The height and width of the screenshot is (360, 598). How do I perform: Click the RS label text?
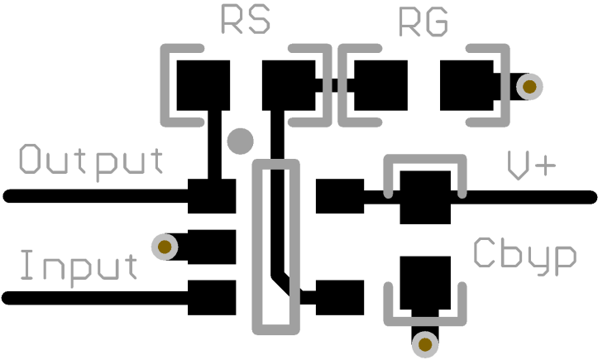click(246, 21)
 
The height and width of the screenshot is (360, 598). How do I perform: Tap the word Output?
click(92, 161)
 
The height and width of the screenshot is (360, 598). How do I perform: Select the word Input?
click(79, 266)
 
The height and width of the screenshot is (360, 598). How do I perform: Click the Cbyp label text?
click(525, 255)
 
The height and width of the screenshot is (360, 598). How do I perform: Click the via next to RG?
click(529, 85)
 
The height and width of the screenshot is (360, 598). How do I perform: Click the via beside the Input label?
click(165, 246)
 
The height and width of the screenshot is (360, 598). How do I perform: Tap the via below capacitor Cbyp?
click(425, 343)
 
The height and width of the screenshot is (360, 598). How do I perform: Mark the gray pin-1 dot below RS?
click(241, 142)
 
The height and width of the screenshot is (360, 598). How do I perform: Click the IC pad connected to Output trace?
click(213, 196)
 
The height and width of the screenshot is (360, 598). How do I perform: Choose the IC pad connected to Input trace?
click(213, 297)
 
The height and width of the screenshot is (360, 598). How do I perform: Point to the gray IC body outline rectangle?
click(256, 248)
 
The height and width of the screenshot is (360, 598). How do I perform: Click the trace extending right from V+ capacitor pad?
click(529, 197)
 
